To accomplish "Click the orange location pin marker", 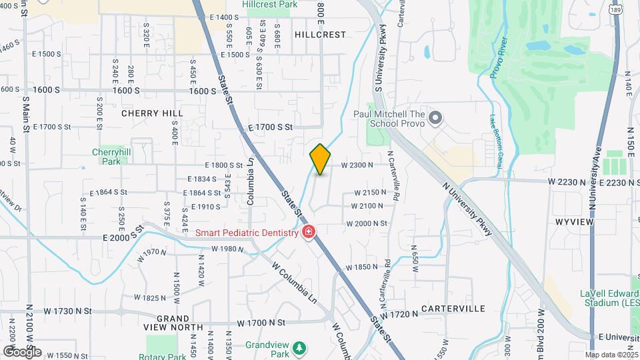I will [320, 159].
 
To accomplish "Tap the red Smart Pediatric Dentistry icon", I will [308, 232].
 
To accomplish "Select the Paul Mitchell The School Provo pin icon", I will [435, 119].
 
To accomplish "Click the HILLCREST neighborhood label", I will [321, 34].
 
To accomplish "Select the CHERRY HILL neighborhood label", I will [152, 113].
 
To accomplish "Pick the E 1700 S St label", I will [271, 127].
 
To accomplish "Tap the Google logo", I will [22, 351].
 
